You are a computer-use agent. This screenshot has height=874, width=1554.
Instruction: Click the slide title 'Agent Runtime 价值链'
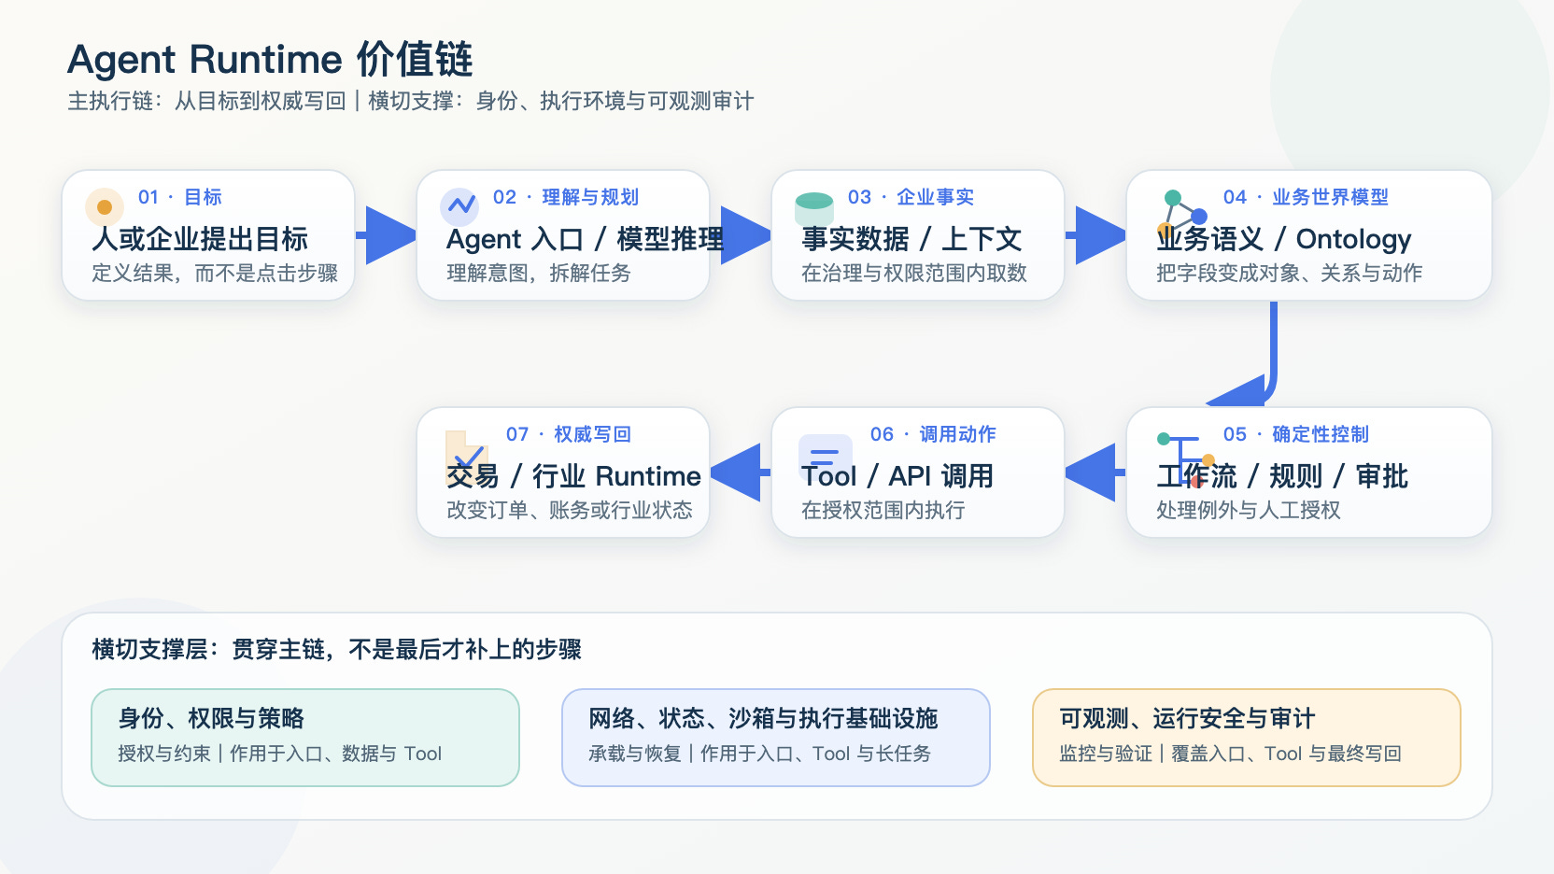point(270,60)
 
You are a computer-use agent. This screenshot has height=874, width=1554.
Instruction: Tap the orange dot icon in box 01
point(105,206)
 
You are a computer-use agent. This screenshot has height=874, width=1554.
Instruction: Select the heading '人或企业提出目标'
point(200,239)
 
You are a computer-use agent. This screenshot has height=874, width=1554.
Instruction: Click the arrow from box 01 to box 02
point(386,235)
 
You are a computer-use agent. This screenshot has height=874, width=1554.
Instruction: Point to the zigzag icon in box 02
point(460,206)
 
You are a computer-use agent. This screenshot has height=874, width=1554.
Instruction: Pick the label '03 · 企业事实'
point(911,197)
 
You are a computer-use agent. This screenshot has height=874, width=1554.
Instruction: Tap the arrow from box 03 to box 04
point(1095,235)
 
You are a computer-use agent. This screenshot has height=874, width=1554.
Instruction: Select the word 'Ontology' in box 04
point(1353,239)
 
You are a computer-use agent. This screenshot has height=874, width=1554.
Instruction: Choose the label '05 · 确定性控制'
point(1296,434)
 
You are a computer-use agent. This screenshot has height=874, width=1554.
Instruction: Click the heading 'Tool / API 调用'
point(897,476)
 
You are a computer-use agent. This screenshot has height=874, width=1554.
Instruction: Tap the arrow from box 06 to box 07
point(741,472)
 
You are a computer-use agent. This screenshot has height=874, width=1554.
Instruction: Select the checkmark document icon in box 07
point(466,451)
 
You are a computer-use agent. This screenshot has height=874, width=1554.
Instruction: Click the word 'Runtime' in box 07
point(648,476)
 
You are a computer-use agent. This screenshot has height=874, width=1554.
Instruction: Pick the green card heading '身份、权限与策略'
point(211,719)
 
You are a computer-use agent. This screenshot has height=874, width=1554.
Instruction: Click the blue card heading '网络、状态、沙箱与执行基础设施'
point(763,719)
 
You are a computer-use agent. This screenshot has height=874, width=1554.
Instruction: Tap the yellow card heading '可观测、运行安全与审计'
point(1187,719)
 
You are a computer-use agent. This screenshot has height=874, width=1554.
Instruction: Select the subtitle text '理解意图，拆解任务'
point(538,274)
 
